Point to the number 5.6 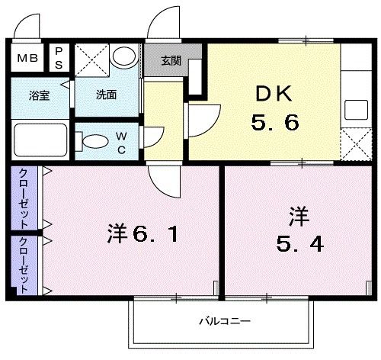tap(271, 122)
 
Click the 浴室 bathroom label tap(39, 97)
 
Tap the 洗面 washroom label tap(106, 96)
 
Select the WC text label tap(121, 143)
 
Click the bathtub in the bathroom tap(40, 140)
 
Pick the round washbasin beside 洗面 tap(122, 56)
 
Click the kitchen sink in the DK tap(355, 108)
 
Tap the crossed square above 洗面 tap(91, 59)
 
